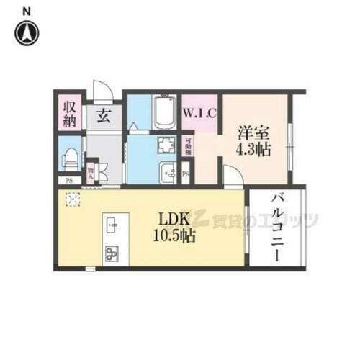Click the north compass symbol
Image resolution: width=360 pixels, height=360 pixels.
pyautogui.click(x=27, y=32)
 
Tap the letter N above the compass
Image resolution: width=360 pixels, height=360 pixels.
pyautogui.click(x=27, y=10)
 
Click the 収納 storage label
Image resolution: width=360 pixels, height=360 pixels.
pyautogui.click(x=69, y=114)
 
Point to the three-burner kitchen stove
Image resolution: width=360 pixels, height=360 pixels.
pyautogui.click(x=112, y=253)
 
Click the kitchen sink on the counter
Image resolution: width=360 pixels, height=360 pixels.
pyautogui.click(x=112, y=225)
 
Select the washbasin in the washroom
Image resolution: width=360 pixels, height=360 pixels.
pyautogui.click(x=167, y=173)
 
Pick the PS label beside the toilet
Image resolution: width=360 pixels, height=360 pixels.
pyautogui.click(x=69, y=181)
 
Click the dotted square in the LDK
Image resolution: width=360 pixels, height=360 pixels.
pyautogui.click(x=72, y=199)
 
